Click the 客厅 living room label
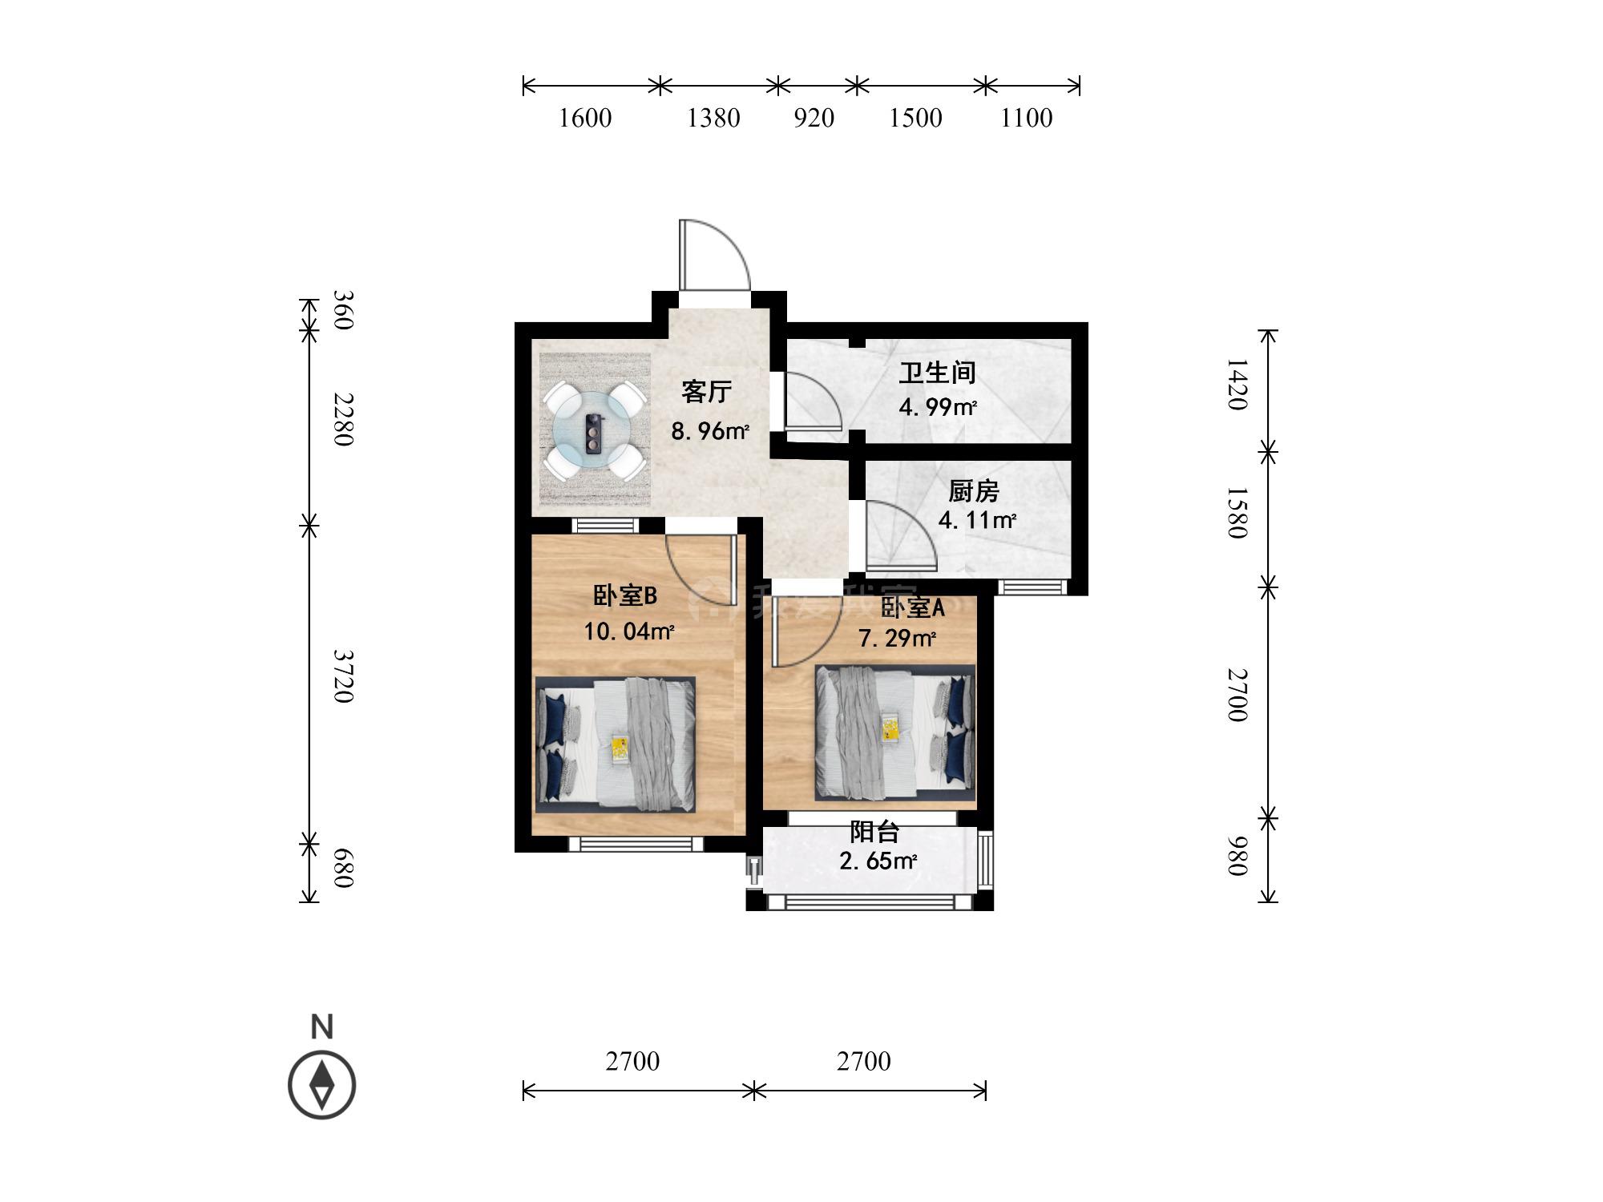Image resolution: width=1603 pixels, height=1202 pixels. pyautogui.click(x=707, y=392)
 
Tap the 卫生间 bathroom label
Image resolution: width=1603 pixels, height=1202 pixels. pyautogui.click(x=937, y=373)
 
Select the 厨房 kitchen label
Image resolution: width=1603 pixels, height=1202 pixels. pyautogui.click(x=974, y=490)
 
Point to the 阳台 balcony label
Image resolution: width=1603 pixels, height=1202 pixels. pyautogui.click(x=874, y=832)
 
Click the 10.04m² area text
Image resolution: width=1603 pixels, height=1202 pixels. pyautogui.click(x=629, y=631)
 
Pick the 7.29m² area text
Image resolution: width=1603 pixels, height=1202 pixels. pyautogui.click(x=898, y=639)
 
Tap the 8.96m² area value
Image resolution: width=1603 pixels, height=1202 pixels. pyautogui.click(x=710, y=431)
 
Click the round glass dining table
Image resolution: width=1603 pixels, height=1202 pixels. pyautogui.click(x=593, y=430)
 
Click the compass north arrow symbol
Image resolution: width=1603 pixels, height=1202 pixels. pyautogui.click(x=322, y=1086)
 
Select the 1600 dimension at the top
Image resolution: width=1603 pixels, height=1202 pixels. pyautogui.click(x=585, y=118)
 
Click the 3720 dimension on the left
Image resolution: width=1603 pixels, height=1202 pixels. pyautogui.click(x=343, y=676)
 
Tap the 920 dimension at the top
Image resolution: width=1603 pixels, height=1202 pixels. pyautogui.click(x=814, y=118)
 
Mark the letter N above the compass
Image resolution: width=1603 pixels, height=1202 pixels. pyautogui.click(x=322, y=1027)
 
